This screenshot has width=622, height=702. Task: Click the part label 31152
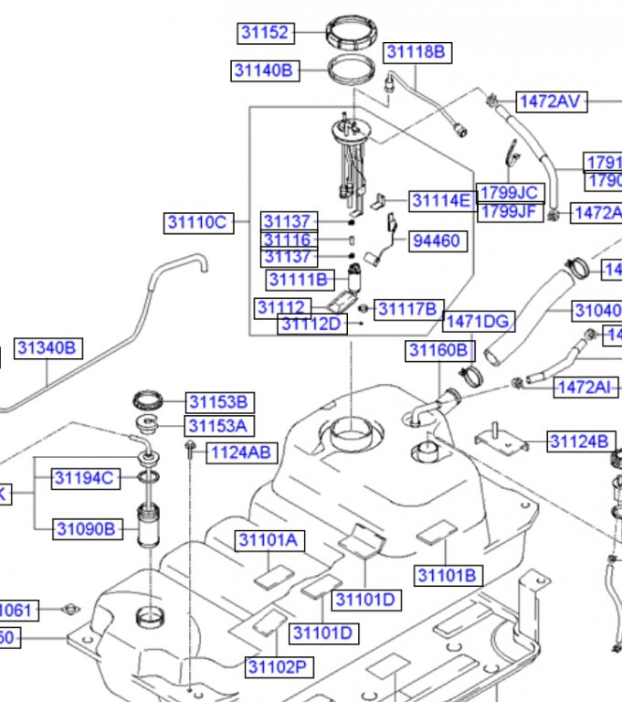point(265,33)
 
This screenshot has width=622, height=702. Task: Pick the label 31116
point(288,240)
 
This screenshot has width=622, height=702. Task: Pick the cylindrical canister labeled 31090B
point(147,527)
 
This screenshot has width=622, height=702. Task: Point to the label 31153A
point(220,426)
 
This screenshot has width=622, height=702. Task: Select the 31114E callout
point(440,201)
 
